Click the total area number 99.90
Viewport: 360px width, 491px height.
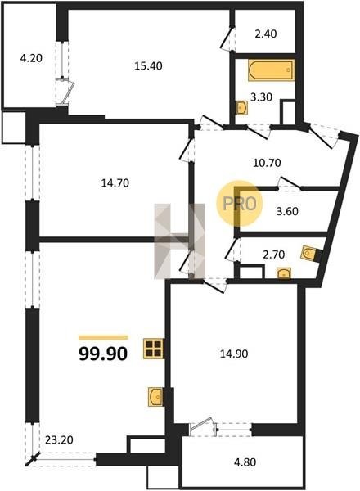[x=103, y=354]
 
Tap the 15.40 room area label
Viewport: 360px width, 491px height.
[x=148, y=65]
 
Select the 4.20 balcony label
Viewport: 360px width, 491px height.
[x=31, y=58]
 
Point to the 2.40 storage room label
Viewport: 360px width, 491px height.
[x=266, y=34]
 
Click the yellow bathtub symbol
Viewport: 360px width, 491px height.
[x=272, y=70]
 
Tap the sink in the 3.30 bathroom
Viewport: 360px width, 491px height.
[x=241, y=108]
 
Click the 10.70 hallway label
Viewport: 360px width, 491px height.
[x=267, y=163]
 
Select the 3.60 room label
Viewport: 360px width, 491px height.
[x=287, y=211]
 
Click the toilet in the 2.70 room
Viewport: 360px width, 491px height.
[x=311, y=254]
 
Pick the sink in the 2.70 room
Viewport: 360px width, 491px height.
[x=284, y=273]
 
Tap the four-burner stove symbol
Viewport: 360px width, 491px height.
[x=153, y=349]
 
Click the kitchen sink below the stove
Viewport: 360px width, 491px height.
[x=155, y=397]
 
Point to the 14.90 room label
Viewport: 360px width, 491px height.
[x=234, y=354]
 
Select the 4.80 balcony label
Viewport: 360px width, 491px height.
[x=245, y=462]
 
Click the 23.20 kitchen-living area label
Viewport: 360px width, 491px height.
[x=59, y=440]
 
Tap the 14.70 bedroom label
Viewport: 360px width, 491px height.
[x=115, y=182]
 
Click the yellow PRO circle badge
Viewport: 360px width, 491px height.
[x=240, y=204]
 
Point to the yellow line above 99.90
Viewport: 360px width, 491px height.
[x=103, y=337]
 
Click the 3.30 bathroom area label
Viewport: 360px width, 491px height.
[x=261, y=97]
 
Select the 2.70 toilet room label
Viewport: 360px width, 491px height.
[x=273, y=255]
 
